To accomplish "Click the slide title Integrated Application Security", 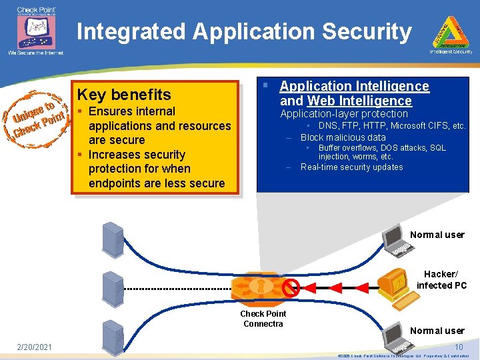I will (244, 31).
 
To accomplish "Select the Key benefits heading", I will (124, 95).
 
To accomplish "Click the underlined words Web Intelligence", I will (359, 101).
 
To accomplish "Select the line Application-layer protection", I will (343, 114).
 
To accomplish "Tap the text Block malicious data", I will (343, 137).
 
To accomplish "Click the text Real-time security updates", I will (351, 167).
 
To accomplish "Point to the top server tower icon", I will (112, 239).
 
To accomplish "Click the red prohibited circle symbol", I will (290, 288).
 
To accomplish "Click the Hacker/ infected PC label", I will (441, 280).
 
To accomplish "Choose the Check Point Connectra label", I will (263, 319).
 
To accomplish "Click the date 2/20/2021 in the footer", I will (35, 346).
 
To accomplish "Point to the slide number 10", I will (459, 347).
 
